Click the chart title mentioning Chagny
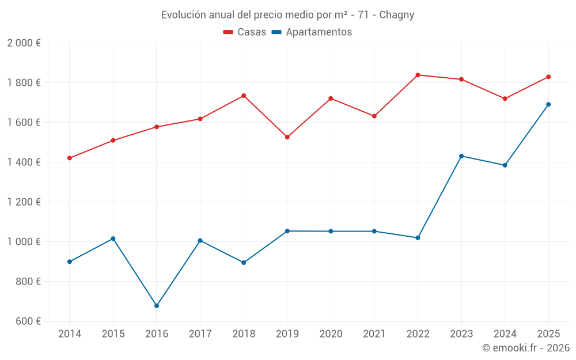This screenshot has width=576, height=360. [287, 15]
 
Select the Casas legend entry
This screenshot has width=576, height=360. [245, 32]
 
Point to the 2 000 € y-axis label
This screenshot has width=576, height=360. [24, 43]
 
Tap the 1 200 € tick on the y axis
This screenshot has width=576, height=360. [24, 202]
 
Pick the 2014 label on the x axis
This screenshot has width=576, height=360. [70, 334]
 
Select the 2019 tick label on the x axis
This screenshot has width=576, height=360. [287, 334]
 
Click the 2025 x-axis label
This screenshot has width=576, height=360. [548, 334]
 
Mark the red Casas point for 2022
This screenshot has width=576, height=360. [418, 75]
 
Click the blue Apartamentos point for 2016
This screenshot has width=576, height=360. [157, 306]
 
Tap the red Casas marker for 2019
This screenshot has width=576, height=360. [287, 137]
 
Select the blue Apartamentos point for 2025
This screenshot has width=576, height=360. [548, 104]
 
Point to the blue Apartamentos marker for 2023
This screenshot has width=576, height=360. [461, 156]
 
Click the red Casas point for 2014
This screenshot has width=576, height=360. [70, 158]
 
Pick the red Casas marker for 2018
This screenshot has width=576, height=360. [244, 96]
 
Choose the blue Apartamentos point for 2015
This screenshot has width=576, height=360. [113, 238]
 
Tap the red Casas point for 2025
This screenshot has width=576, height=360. [548, 77]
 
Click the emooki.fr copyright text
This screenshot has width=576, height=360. [526, 348]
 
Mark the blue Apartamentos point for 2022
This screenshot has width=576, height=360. [418, 238]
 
